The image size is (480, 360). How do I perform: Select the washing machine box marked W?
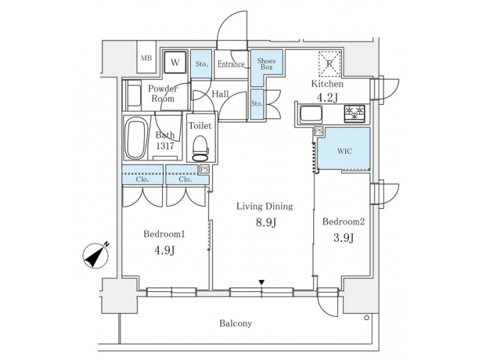175,62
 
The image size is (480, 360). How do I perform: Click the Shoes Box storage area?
266,64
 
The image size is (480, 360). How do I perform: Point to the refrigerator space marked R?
328,63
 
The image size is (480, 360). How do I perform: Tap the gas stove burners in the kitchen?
354,113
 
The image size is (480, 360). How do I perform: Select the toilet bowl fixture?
200,145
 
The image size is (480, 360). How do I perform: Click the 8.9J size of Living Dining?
265,223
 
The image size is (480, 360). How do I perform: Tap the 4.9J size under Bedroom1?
163,250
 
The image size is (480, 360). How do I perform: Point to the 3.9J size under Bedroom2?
343,238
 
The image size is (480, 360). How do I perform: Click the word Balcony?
236,324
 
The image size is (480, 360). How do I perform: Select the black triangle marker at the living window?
262,283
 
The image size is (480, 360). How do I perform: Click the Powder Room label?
161,93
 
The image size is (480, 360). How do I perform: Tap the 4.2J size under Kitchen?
327,98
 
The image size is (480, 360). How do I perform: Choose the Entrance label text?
231,65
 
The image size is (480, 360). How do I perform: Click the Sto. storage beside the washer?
201,64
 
